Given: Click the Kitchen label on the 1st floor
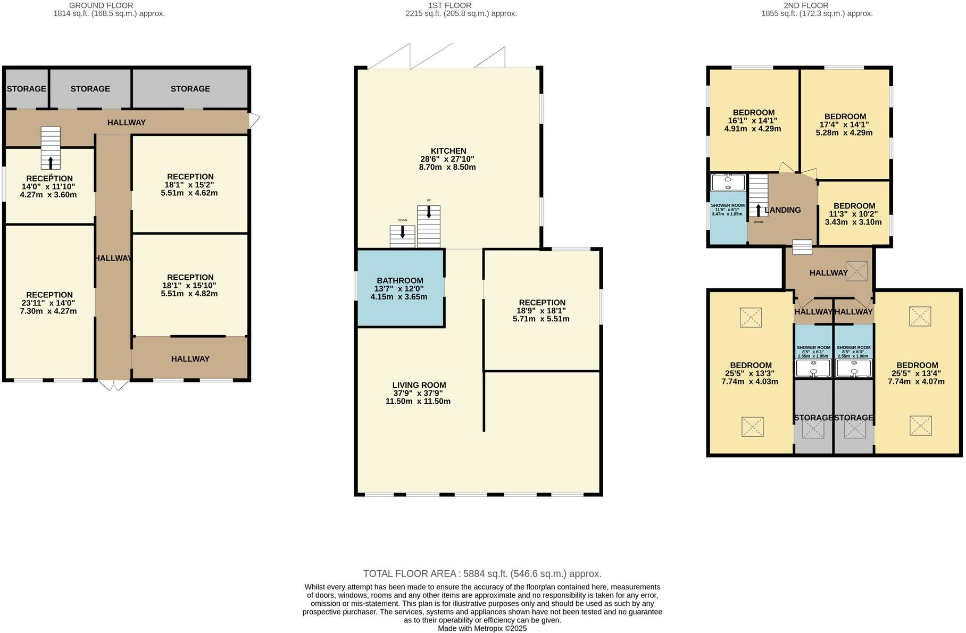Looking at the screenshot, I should pos(448,151).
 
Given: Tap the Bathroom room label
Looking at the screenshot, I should pos(399,280).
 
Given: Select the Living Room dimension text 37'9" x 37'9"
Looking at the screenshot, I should pos(418,393).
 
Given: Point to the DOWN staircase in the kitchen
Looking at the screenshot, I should pos(402,236).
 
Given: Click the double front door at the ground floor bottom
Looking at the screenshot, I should pos(113,385).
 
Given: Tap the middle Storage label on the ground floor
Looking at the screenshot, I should pos(90,89).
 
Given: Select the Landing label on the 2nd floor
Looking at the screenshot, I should pos(782,210).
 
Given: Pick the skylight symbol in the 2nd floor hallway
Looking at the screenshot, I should pos(856,271).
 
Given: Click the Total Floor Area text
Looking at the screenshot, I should pos(482,573).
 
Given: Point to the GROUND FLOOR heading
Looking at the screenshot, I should pos(101,5).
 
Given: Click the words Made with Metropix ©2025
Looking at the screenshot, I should pos(482,628).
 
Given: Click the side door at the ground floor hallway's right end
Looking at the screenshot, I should pos(254,121).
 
